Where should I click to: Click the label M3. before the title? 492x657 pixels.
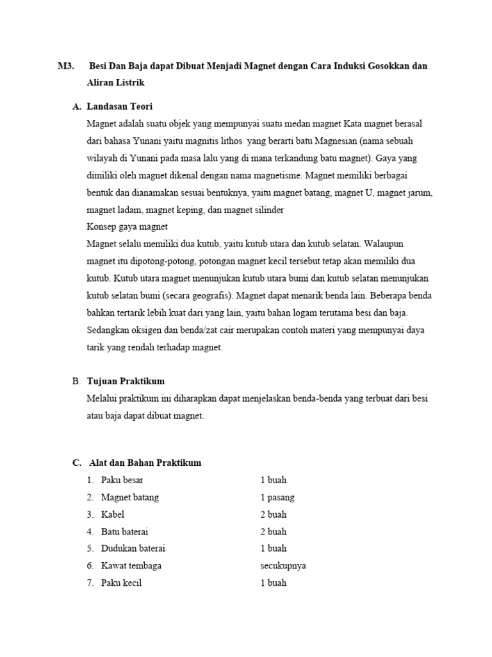pos(65,66)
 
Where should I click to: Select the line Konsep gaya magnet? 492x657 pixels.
pos(127,226)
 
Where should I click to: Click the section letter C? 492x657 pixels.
pos(76,463)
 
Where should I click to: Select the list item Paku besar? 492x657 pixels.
pos(122,480)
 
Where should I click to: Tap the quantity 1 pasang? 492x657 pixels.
pos(277,497)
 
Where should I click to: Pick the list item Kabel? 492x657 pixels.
pos(113,515)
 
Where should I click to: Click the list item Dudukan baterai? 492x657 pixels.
pos(133,549)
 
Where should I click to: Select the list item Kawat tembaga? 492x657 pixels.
pos(131,566)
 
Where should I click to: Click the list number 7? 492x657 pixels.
pos(90,583)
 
